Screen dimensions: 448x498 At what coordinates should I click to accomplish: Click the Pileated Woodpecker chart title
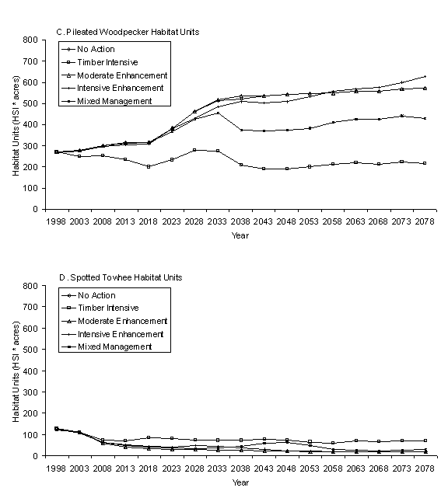tap(128, 32)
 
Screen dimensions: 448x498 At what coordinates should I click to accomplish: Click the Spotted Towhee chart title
tap(121, 277)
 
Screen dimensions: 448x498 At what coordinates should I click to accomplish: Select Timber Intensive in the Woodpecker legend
tap(107, 62)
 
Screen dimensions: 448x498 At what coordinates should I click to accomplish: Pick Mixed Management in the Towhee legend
tap(115, 347)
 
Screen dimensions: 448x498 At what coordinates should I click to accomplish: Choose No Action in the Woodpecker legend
tap(96, 49)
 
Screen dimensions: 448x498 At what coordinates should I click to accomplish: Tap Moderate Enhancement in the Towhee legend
tap(123, 321)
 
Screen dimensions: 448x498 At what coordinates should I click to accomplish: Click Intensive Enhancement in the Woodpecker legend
tap(121, 88)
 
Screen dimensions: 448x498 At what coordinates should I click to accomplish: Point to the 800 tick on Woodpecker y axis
tap(30, 40)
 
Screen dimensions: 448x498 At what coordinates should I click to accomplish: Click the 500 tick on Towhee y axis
tap(30, 350)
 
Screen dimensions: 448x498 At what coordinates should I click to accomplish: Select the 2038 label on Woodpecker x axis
tap(240, 221)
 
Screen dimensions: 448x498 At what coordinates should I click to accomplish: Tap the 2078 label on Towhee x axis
tap(425, 468)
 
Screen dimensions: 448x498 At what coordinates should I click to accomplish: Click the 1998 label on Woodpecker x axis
tap(56, 221)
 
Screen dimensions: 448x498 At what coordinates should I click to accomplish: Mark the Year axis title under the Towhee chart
tap(240, 482)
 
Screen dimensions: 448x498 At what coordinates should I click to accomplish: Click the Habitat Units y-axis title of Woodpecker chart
tap(16, 126)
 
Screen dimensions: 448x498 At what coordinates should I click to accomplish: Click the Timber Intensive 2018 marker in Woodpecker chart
tap(149, 166)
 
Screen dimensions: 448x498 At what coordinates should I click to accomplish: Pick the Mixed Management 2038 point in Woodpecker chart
tap(240, 131)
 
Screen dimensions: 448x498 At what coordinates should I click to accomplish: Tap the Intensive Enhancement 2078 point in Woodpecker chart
tap(425, 77)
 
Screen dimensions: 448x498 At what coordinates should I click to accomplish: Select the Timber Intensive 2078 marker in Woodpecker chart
tap(425, 163)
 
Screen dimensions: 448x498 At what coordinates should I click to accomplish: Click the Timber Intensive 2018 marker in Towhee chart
tap(149, 437)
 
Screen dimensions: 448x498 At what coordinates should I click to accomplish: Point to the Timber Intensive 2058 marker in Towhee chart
tap(333, 443)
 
